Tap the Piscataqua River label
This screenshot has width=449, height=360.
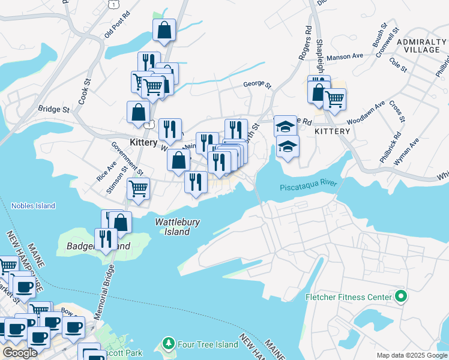309,187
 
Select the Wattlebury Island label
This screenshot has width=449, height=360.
178,226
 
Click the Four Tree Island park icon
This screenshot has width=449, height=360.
169,344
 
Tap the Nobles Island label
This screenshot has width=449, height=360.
33,206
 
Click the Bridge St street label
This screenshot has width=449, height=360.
54,109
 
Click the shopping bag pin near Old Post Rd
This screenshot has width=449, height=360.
164,30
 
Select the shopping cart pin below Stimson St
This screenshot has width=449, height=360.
139,188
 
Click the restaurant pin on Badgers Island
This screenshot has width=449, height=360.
106,239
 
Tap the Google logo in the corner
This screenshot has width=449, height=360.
20,352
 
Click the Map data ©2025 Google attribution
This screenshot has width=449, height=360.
412,355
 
